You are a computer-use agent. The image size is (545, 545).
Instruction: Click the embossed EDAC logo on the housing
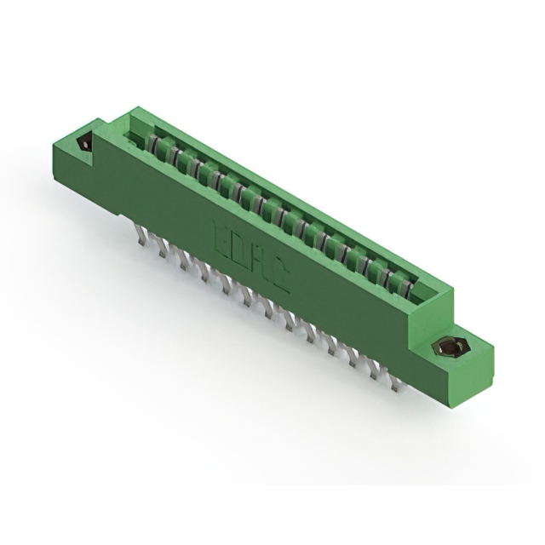(x=250, y=255)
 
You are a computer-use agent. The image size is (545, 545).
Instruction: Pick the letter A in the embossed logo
(x=259, y=263)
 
